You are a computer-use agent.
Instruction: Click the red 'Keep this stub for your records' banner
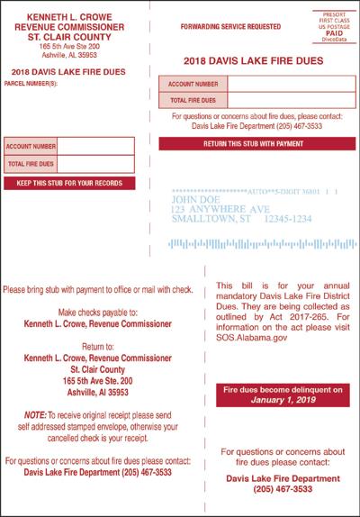pos(69,184)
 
